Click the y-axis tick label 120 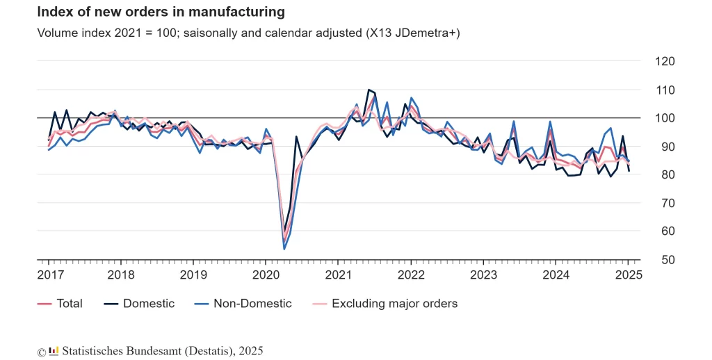(665, 61)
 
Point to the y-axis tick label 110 (665, 90)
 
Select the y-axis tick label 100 (665, 118)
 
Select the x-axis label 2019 (193, 275)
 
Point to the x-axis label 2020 (266, 275)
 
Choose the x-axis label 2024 (555, 275)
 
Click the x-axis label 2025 (627, 275)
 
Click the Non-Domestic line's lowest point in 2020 (284, 249)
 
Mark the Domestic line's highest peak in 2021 (369, 90)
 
